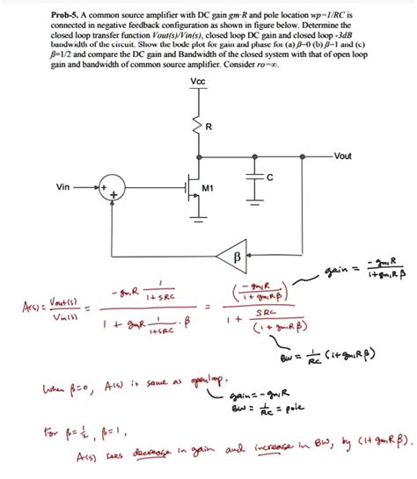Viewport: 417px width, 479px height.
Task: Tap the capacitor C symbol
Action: pyautogui.click(x=256, y=178)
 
